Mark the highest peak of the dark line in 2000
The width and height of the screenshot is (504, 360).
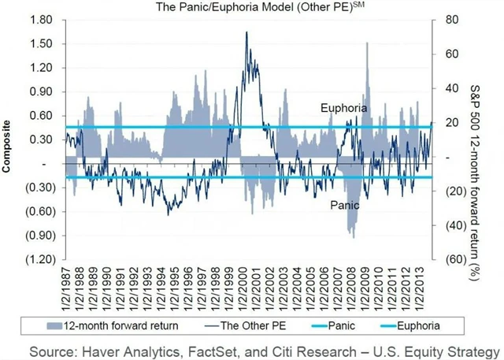pyautogui.click(x=247, y=32)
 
